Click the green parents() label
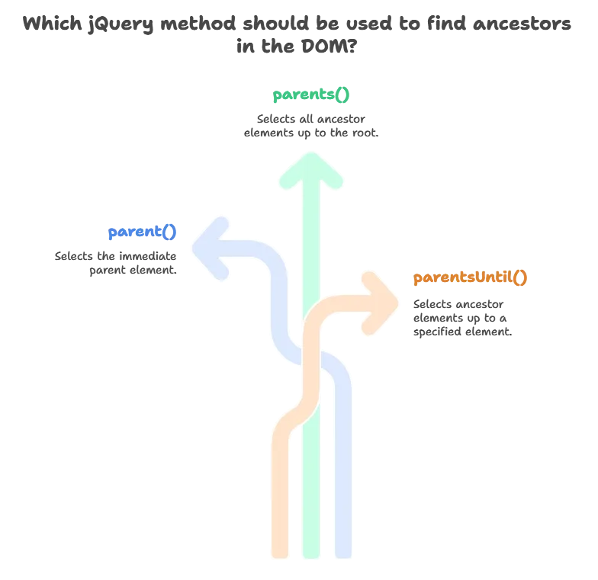[x=312, y=96]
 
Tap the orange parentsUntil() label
[x=470, y=277]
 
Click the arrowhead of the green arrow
[x=310, y=168]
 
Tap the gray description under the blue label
[x=116, y=262]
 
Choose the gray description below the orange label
[x=461, y=319]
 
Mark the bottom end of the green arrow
[x=310, y=553]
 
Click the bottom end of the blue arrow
[x=342, y=553]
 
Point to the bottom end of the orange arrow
[x=278, y=553]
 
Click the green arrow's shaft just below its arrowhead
[x=310, y=202]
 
